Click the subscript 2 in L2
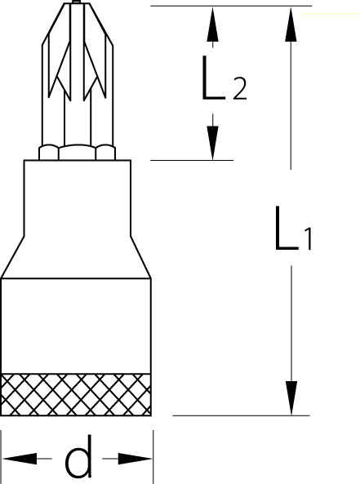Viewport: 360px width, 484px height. (240, 89)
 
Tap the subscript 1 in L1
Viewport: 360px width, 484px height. (308, 239)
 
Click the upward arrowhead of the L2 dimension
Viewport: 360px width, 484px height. (212, 24)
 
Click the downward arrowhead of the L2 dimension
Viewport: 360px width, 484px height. (212, 143)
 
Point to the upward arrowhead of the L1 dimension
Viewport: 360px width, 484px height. (291, 24)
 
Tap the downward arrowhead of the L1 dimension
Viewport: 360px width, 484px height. (291, 398)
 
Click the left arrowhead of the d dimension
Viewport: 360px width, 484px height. (20, 459)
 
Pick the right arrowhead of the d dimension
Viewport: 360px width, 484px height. (135, 459)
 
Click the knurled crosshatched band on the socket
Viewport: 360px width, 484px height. (76, 395)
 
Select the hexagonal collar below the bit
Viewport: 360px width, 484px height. (78, 153)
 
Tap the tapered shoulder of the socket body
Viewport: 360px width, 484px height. (76, 257)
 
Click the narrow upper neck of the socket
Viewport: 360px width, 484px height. (78, 198)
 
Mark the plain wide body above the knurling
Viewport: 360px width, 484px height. (76, 326)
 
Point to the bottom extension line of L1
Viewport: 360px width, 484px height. (241, 415)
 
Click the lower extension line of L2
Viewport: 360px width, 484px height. (192, 160)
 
